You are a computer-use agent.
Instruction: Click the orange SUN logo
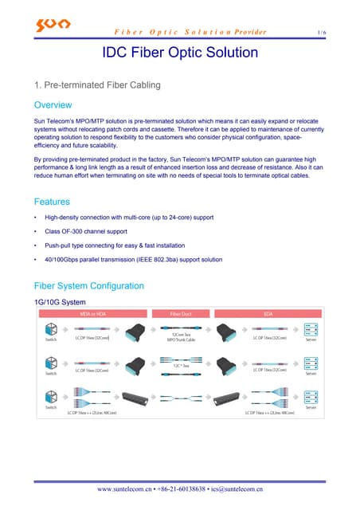pyautogui.click(x=53, y=26)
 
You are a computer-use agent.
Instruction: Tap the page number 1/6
pyautogui.click(x=321, y=32)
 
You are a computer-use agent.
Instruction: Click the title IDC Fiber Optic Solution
pyautogui.click(x=180, y=53)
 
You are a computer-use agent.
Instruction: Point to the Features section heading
pyautogui.click(x=53, y=202)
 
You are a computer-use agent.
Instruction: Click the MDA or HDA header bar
pyautogui.click(x=94, y=315)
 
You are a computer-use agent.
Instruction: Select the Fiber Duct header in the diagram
pyautogui.click(x=181, y=315)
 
